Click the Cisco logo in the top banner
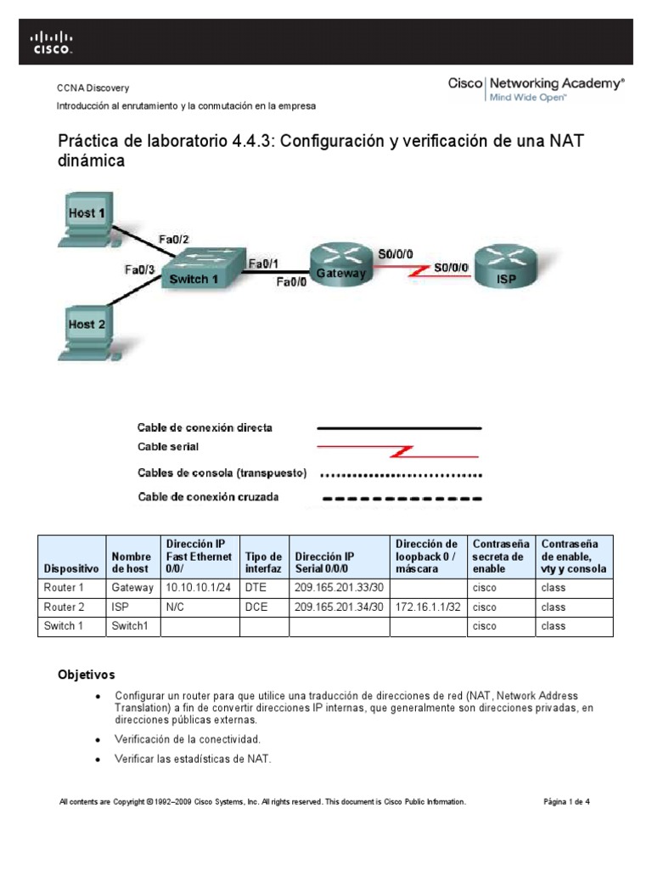point(53,42)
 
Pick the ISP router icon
point(506,265)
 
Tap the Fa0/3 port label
point(140,269)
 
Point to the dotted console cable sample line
point(399,474)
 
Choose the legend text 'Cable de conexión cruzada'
point(208,497)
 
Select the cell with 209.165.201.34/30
point(339,607)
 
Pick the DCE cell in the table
point(255,607)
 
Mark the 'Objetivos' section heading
point(86,675)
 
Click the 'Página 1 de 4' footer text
point(566,801)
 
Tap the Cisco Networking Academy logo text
point(536,85)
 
